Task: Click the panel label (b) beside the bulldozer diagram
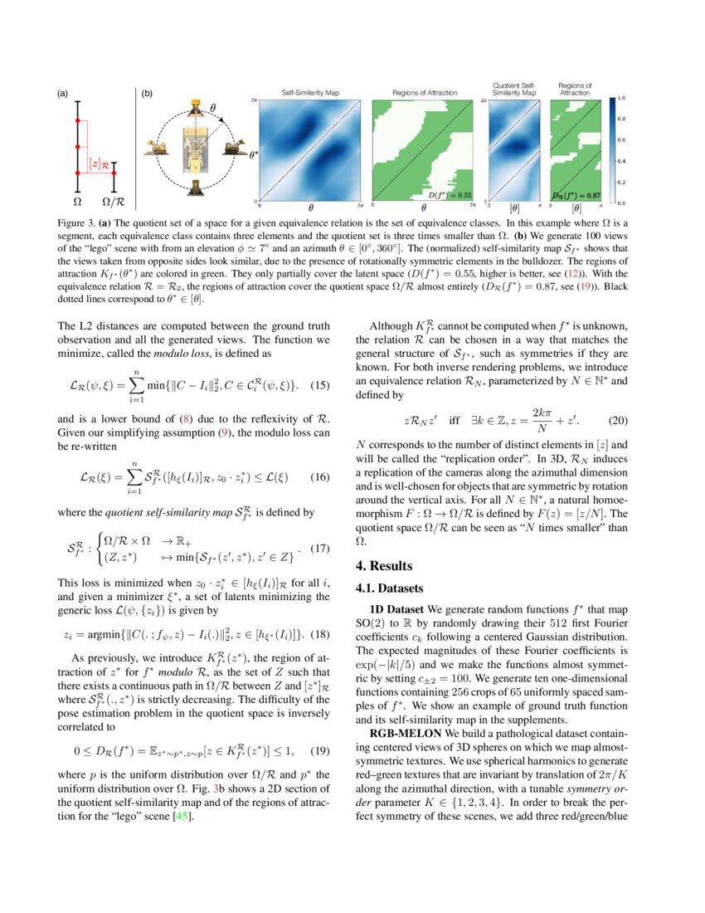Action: [x=147, y=95]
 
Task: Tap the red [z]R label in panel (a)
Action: [x=100, y=165]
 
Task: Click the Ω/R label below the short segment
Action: [x=114, y=202]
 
